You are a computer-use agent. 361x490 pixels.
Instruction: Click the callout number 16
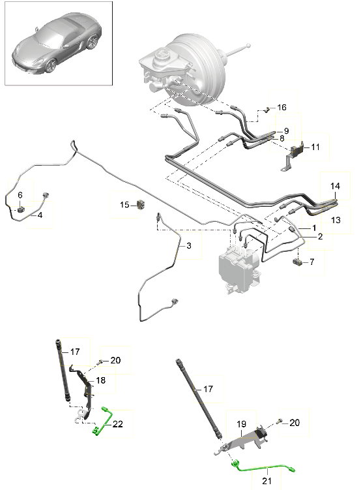[282, 108]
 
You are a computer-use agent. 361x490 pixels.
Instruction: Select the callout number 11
[315, 147]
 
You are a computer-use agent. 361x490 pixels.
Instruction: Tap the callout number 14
[335, 186]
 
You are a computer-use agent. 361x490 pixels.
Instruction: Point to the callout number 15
[124, 205]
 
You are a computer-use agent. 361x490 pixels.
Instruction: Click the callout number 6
[20, 195]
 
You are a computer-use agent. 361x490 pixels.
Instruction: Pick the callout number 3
[189, 245]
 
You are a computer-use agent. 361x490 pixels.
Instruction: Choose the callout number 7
[312, 262]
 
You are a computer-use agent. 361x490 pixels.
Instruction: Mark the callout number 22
[118, 424]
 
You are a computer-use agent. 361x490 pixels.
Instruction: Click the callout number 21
[267, 481]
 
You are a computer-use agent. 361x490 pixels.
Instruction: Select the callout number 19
[241, 424]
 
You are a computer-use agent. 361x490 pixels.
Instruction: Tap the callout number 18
[101, 380]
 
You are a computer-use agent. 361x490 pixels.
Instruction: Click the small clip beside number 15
[141, 205]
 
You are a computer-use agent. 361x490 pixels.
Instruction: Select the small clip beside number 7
[297, 262]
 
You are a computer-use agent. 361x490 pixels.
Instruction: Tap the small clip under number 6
[21, 209]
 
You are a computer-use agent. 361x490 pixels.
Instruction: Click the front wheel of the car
[51, 66]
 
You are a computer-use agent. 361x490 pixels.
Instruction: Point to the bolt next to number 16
[267, 110]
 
